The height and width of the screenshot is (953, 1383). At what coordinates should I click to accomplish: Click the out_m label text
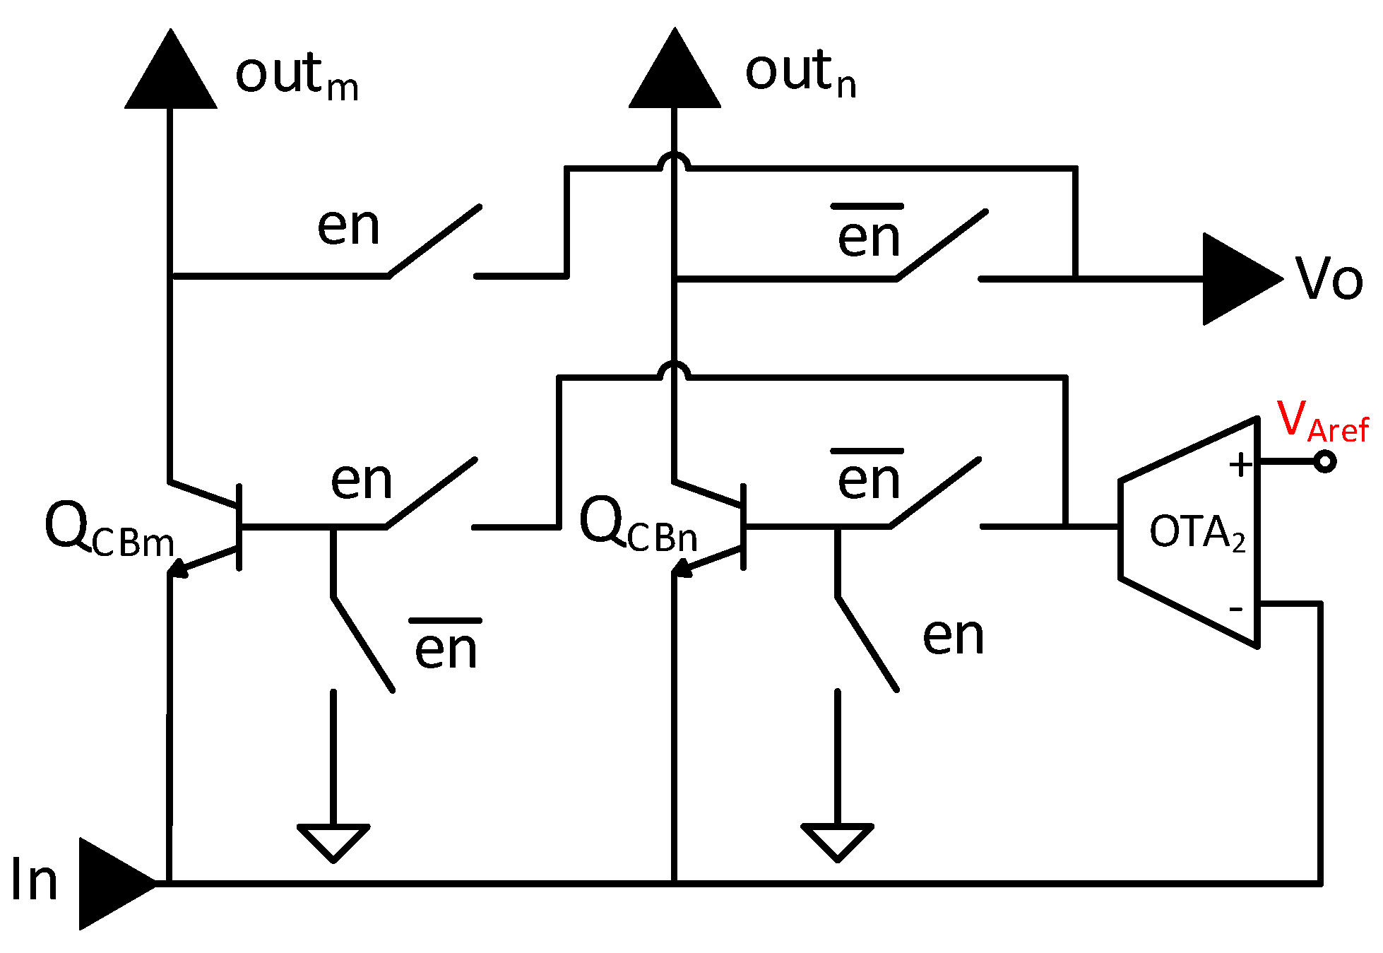297,76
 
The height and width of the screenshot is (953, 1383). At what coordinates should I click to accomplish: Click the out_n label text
801,73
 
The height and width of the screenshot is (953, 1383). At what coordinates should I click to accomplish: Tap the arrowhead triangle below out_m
170,78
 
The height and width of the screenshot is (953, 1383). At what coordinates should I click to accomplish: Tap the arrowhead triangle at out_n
675,76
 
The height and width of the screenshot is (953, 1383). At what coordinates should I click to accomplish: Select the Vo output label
1329,279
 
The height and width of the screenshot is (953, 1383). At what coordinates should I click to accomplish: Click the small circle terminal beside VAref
1325,462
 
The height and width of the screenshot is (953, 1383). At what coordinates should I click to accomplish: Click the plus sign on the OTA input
1240,465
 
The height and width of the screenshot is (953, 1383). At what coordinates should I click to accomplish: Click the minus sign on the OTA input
1236,608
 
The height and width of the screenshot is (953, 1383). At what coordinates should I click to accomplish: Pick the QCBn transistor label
638,526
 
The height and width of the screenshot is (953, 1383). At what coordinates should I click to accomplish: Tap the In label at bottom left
34,880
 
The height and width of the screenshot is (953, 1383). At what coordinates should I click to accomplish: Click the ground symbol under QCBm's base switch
333,841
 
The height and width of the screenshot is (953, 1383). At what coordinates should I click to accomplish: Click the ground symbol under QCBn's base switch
838,841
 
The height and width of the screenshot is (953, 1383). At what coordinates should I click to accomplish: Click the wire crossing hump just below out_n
675,161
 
